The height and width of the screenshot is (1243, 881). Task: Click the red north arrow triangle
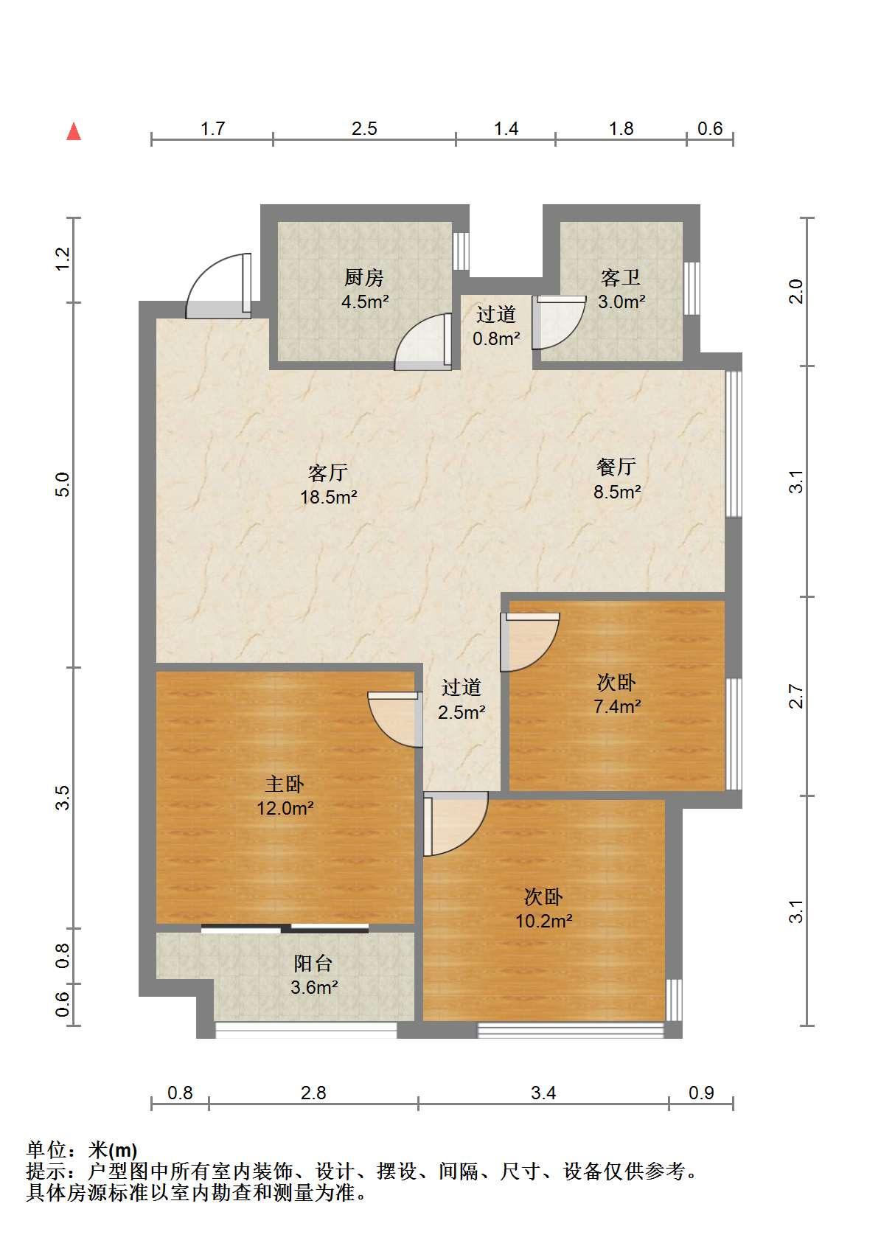click(74, 132)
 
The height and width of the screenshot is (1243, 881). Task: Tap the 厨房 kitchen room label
click(364, 277)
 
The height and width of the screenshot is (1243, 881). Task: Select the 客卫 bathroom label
click(620, 277)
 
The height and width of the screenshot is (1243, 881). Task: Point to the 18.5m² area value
click(328, 497)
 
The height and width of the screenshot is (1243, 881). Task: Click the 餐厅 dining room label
click(616, 467)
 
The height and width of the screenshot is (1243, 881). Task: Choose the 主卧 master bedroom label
click(285, 784)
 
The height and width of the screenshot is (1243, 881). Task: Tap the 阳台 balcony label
click(313, 964)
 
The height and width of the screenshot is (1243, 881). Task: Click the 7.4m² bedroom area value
click(617, 706)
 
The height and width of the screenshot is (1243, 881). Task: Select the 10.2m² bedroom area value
click(543, 921)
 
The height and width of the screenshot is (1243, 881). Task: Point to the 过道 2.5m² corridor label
click(462, 700)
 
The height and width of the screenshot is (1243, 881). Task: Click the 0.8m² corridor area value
click(497, 338)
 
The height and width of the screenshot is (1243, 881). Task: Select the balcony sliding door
click(285, 928)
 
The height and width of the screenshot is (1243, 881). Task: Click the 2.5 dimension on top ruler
click(364, 129)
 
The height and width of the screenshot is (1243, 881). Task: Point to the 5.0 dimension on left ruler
click(63, 484)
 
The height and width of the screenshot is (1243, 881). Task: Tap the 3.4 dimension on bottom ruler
click(543, 1093)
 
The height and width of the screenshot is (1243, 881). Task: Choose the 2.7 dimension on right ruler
click(796, 696)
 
